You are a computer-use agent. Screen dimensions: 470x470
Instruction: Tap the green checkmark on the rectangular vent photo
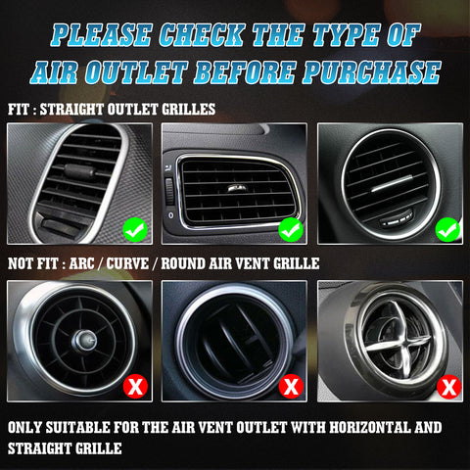291,231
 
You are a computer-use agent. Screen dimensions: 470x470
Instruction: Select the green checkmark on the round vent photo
447,231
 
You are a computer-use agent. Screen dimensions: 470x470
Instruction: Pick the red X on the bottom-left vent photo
135,386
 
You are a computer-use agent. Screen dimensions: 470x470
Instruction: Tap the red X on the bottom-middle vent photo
291,386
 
